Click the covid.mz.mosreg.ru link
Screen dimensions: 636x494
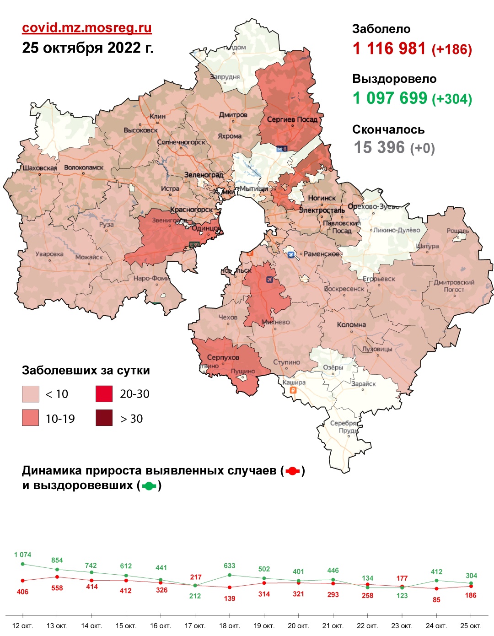[86, 28]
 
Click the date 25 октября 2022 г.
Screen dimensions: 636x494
[87, 48]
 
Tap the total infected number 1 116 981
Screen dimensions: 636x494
[389, 49]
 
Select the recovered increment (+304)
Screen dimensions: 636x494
[452, 99]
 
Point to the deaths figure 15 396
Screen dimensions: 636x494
[379, 147]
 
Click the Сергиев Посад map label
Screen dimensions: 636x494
[292, 119]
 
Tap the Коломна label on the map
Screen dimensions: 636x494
[351, 324]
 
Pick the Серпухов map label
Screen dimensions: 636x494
[223, 357]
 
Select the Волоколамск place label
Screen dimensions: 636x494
[84, 167]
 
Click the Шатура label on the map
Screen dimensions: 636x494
[427, 246]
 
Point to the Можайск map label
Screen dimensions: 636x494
[89, 257]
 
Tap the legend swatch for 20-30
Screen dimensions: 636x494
[104, 394]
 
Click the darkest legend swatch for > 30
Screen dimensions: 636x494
[104, 418]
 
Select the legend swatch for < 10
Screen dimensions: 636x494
[31, 394]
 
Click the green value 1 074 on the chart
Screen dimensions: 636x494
[22, 555]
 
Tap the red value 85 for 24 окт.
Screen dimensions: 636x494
[436, 599]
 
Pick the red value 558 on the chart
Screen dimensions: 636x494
[57, 588]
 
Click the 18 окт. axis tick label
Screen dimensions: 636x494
[229, 625]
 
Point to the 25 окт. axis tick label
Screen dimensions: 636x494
[471, 625]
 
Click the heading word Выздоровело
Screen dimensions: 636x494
[394, 79]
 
